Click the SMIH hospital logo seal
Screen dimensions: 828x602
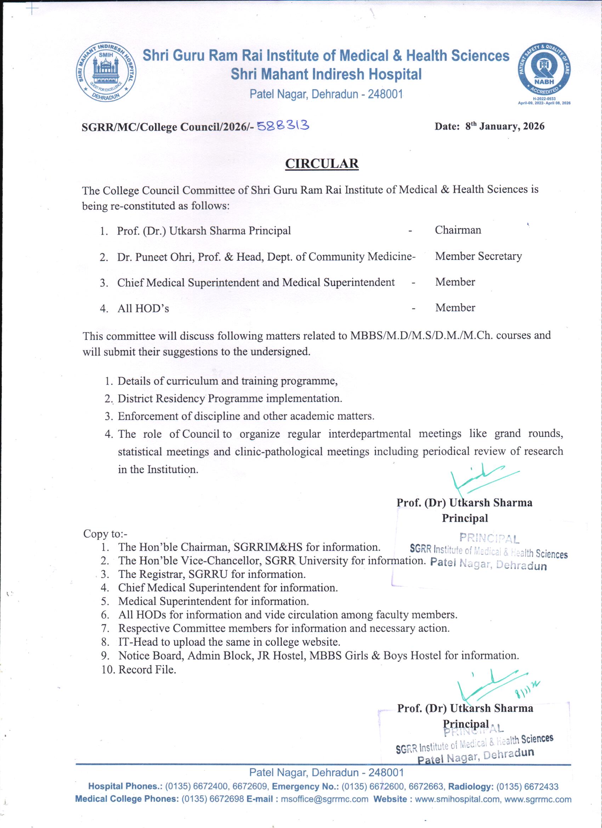coord(106,72)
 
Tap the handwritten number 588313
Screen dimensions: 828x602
coord(283,126)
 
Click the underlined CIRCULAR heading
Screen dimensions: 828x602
coord(322,164)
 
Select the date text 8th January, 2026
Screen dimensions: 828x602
coord(505,126)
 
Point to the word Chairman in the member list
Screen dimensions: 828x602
coord(458,230)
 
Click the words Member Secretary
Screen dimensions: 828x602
coord(478,256)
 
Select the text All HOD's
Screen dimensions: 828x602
coord(143,309)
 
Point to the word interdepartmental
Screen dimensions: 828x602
coord(369,434)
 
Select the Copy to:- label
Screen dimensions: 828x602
coord(105,534)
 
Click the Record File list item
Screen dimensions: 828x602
coord(147,670)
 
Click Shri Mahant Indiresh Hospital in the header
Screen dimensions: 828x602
coord(326,74)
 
